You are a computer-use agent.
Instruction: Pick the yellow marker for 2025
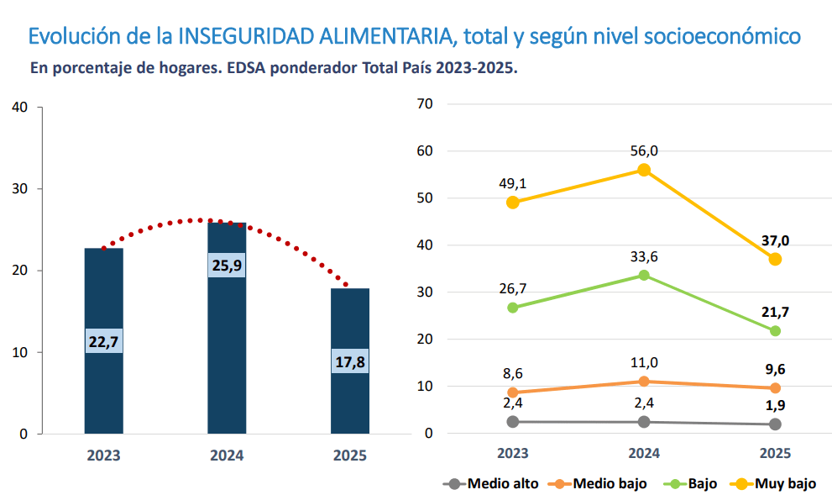tap(775, 259)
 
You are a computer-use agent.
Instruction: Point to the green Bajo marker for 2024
tap(644, 275)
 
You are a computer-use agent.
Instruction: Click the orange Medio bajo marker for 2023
tap(513, 392)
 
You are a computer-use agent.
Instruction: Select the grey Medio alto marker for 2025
tap(775, 424)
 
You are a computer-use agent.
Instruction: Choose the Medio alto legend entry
tap(491, 483)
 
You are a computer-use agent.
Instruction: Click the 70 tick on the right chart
tap(424, 104)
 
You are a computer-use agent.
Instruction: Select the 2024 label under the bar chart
tap(227, 456)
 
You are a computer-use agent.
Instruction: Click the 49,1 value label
tap(513, 183)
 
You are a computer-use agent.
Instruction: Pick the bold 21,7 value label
tap(775, 312)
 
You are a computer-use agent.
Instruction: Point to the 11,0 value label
tap(644, 362)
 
